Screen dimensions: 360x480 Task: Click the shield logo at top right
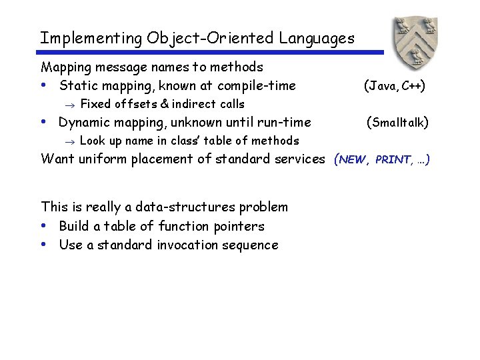pyautogui.click(x=418, y=40)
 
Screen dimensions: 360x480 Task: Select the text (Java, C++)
pyautogui.click(x=394, y=85)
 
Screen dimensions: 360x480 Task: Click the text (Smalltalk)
pyautogui.click(x=398, y=122)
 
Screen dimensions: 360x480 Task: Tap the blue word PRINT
pyautogui.click(x=392, y=160)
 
